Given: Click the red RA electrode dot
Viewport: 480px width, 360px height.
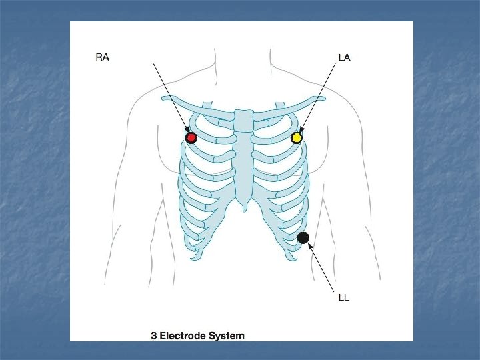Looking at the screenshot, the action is click(191, 138).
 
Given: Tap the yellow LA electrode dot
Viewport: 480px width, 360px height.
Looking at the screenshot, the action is click(297, 138).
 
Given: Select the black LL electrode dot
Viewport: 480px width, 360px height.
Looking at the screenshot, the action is click(303, 237).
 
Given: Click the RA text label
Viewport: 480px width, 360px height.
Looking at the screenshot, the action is click(103, 57).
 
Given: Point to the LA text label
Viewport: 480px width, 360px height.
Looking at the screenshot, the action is click(344, 58).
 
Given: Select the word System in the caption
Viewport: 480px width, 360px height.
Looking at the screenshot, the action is click(230, 335).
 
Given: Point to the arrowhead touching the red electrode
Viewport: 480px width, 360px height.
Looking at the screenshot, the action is click(187, 131).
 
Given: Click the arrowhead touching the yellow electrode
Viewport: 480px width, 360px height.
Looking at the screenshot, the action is click(301, 131).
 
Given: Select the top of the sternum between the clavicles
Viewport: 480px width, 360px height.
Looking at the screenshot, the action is click(243, 114).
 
